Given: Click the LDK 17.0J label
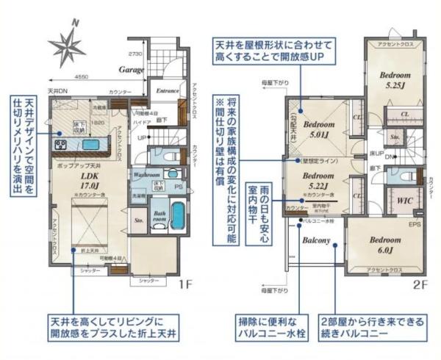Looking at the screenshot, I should (x=92, y=181).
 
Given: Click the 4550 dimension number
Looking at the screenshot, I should (x=82, y=76).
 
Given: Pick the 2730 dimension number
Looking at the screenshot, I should (x=135, y=54).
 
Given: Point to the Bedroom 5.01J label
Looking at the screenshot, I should (x=318, y=129).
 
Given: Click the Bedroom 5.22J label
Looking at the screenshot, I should (x=318, y=181).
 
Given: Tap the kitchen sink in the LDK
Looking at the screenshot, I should (x=91, y=145).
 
